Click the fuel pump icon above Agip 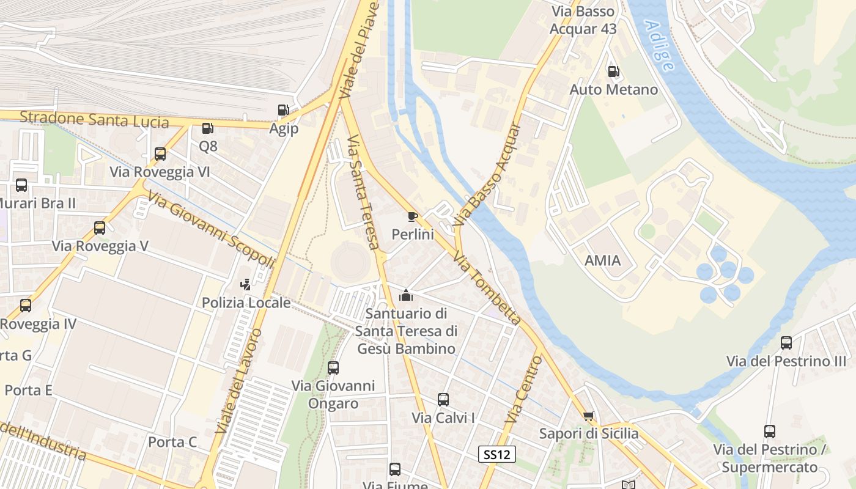[x=283, y=110]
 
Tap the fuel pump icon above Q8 [x=207, y=128]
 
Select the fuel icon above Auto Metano [x=613, y=72]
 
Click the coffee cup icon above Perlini [x=413, y=216]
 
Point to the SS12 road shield [x=496, y=454]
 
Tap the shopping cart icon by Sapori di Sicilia [x=588, y=416]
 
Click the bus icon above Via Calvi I [x=443, y=400]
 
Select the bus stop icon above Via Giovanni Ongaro [x=333, y=368]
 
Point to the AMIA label [x=602, y=261]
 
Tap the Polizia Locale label [x=246, y=303]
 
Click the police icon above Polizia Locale [x=246, y=284]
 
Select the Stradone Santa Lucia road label [x=94, y=119]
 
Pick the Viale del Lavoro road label [x=239, y=381]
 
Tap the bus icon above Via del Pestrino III [x=786, y=343]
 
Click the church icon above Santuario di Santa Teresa [x=405, y=296]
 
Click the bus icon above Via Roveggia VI [x=160, y=154]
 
